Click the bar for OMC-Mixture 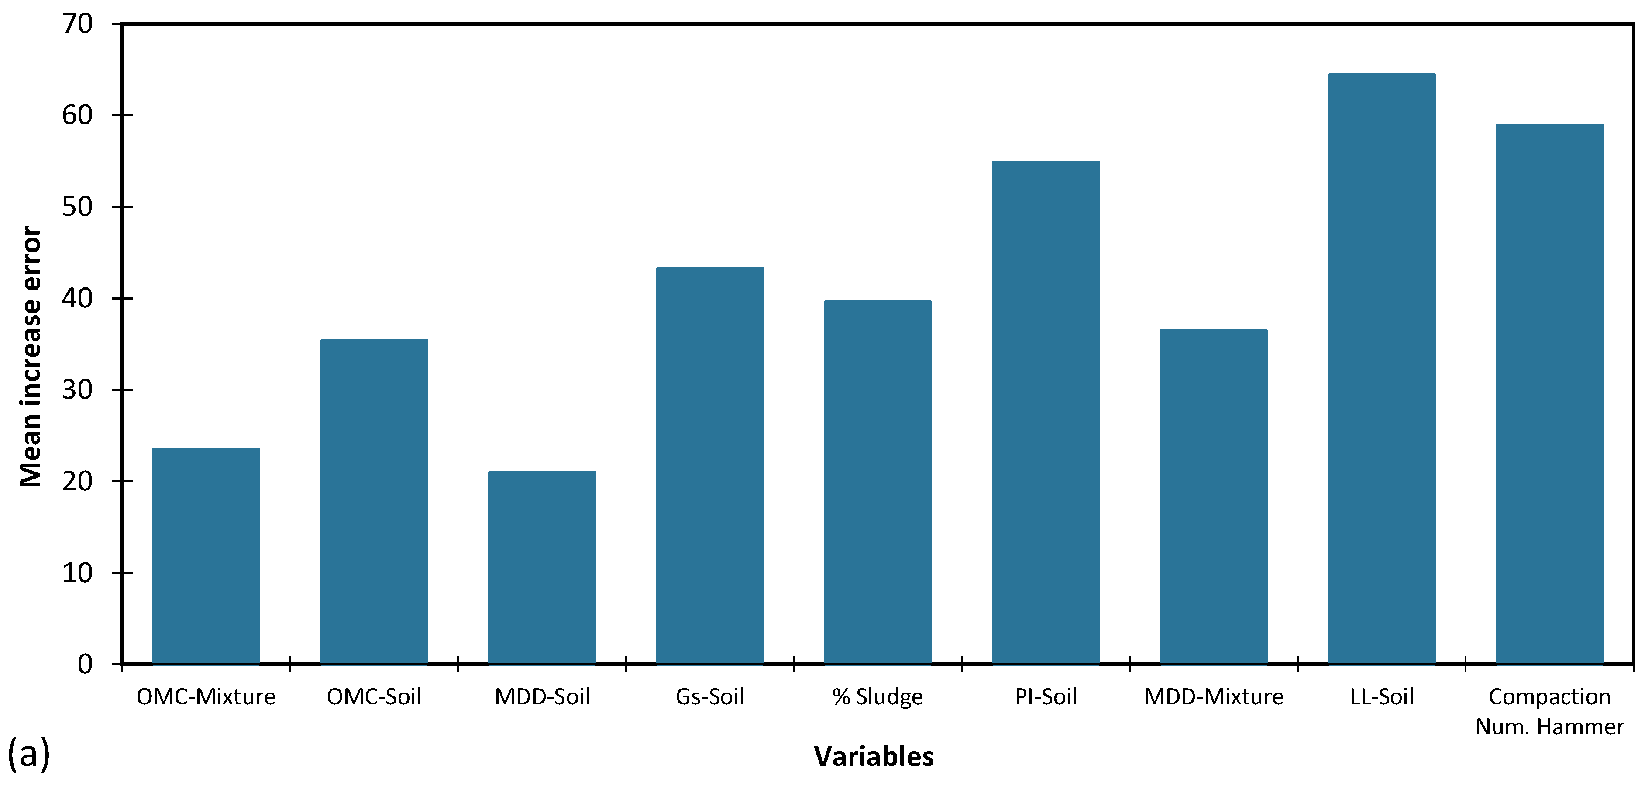206,555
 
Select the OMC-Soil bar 374,501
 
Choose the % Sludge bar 878,482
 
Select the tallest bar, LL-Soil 1381,369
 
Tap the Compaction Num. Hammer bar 1549,394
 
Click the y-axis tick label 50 77,207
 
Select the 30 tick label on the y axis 77,390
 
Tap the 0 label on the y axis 85,665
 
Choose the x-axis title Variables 874,757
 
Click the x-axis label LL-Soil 1381,696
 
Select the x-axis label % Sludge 878,696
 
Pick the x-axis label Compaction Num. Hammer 1549,711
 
